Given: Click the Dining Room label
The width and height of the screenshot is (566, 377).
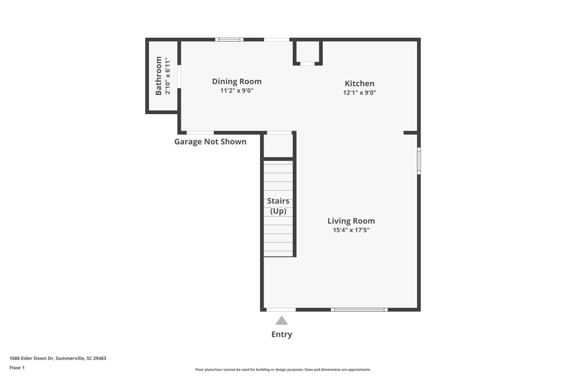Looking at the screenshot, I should pyautogui.click(x=236, y=81).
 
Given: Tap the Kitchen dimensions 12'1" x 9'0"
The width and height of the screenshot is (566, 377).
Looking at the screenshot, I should pyautogui.click(x=359, y=92).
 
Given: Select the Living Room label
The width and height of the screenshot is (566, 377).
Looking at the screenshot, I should pyautogui.click(x=351, y=221).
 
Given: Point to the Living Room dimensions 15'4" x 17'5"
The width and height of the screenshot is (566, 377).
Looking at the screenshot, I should pyautogui.click(x=351, y=230).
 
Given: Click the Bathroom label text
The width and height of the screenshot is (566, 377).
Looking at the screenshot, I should pyautogui.click(x=159, y=76).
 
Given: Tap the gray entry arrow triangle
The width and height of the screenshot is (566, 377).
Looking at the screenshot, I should pyautogui.click(x=282, y=321).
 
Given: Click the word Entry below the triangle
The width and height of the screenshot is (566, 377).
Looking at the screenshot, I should pyautogui.click(x=282, y=334).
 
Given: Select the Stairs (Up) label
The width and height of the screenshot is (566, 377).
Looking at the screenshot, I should pyautogui.click(x=278, y=206).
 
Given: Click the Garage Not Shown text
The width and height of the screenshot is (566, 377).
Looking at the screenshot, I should pyautogui.click(x=210, y=142).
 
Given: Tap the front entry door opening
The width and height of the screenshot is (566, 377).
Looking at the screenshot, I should pyautogui.click(x=281, y=310).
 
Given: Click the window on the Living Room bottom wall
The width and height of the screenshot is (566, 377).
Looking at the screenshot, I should pyautogui.click(x=359, y=310).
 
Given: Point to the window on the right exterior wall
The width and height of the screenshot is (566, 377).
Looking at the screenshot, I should pyautogui.click(x=419, y=161).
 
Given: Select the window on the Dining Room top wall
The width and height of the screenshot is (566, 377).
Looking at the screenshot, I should pyautogui.click(x=229, y=39).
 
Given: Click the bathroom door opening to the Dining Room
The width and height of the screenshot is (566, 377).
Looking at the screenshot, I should pyautogui.click(x=179, y=76).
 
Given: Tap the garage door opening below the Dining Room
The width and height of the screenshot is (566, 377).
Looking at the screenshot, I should pyautogui.click(x=200, y=133).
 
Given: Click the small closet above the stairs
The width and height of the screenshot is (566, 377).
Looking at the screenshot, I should pyautogui.click(x=278, y=146).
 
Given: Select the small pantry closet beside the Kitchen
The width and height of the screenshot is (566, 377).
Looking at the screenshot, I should pyautogui.click(x=307, y=52).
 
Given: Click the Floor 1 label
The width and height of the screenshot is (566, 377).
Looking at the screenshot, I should pyautogui.click(x=17, y=368).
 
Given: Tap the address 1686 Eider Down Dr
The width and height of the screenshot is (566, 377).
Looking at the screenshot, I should pyautogui.click(x=32, y=358).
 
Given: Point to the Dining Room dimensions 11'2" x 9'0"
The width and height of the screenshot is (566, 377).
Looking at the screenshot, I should pyautogui.click(x=236, y=90).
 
